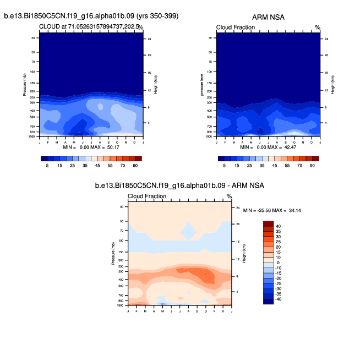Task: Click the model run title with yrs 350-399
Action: click(91, 17)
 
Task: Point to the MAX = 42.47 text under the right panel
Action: click(285, 147)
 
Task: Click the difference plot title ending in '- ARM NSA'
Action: click(179, 186)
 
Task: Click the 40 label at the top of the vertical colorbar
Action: click(279, 226)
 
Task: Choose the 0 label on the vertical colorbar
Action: click(277, 263)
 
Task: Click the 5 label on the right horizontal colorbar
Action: click(225, 165)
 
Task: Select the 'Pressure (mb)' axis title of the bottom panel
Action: click(113, 255)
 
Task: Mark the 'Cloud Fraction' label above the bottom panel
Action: click(147, 197)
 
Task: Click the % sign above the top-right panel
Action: click(317, 27)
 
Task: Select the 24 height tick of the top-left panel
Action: click(148, 39)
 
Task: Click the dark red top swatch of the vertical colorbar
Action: click(268, 223)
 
